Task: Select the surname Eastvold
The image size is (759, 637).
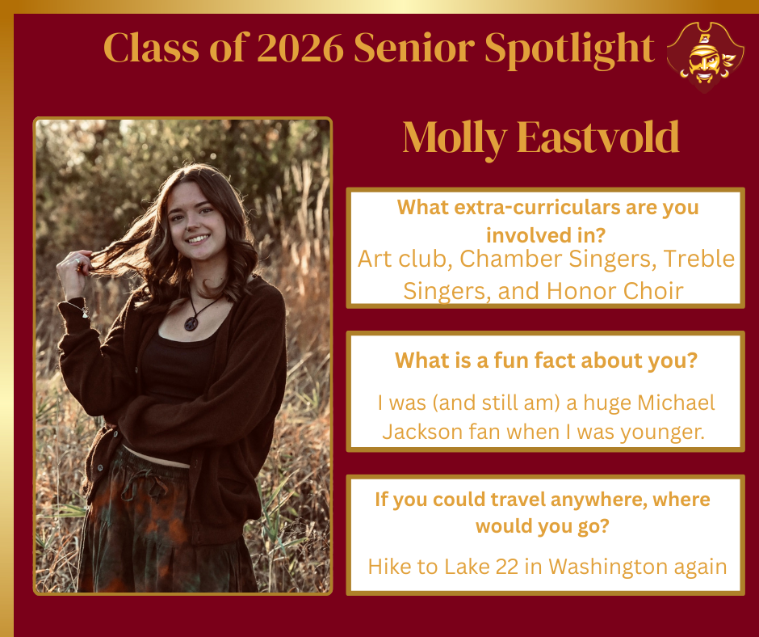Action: [598, 138]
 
